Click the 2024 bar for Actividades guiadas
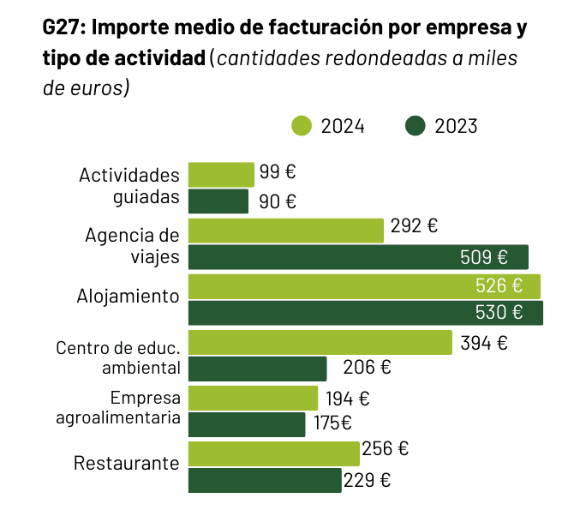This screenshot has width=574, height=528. (x=221, y=174)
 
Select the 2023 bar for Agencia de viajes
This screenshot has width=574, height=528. (x=358, y=257)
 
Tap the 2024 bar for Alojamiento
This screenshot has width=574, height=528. (x=364, y=286)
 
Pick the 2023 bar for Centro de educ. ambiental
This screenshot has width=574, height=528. (x=257, y=369)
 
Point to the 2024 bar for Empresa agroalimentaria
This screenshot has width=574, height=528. (x=253, y=398)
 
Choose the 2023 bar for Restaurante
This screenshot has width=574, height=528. (x=265, y=480)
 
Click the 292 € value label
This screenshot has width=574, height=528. (x=414, y=226)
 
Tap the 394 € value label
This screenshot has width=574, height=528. (x=484, y=343)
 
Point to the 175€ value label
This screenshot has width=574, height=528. (x=332, y=423)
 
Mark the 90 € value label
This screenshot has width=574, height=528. (x=278, y=201)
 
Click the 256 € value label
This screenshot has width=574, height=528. (x=385, y=448)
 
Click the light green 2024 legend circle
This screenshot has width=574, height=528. (x=302, y=126)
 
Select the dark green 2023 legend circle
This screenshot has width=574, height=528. (x=416, y=126)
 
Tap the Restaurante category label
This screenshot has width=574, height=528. (x=127, y=464)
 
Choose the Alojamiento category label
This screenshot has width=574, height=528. (x=129, y=297)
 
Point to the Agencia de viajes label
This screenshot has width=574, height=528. (x=133, y=245)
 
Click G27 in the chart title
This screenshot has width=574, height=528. (x=63, y=27)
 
